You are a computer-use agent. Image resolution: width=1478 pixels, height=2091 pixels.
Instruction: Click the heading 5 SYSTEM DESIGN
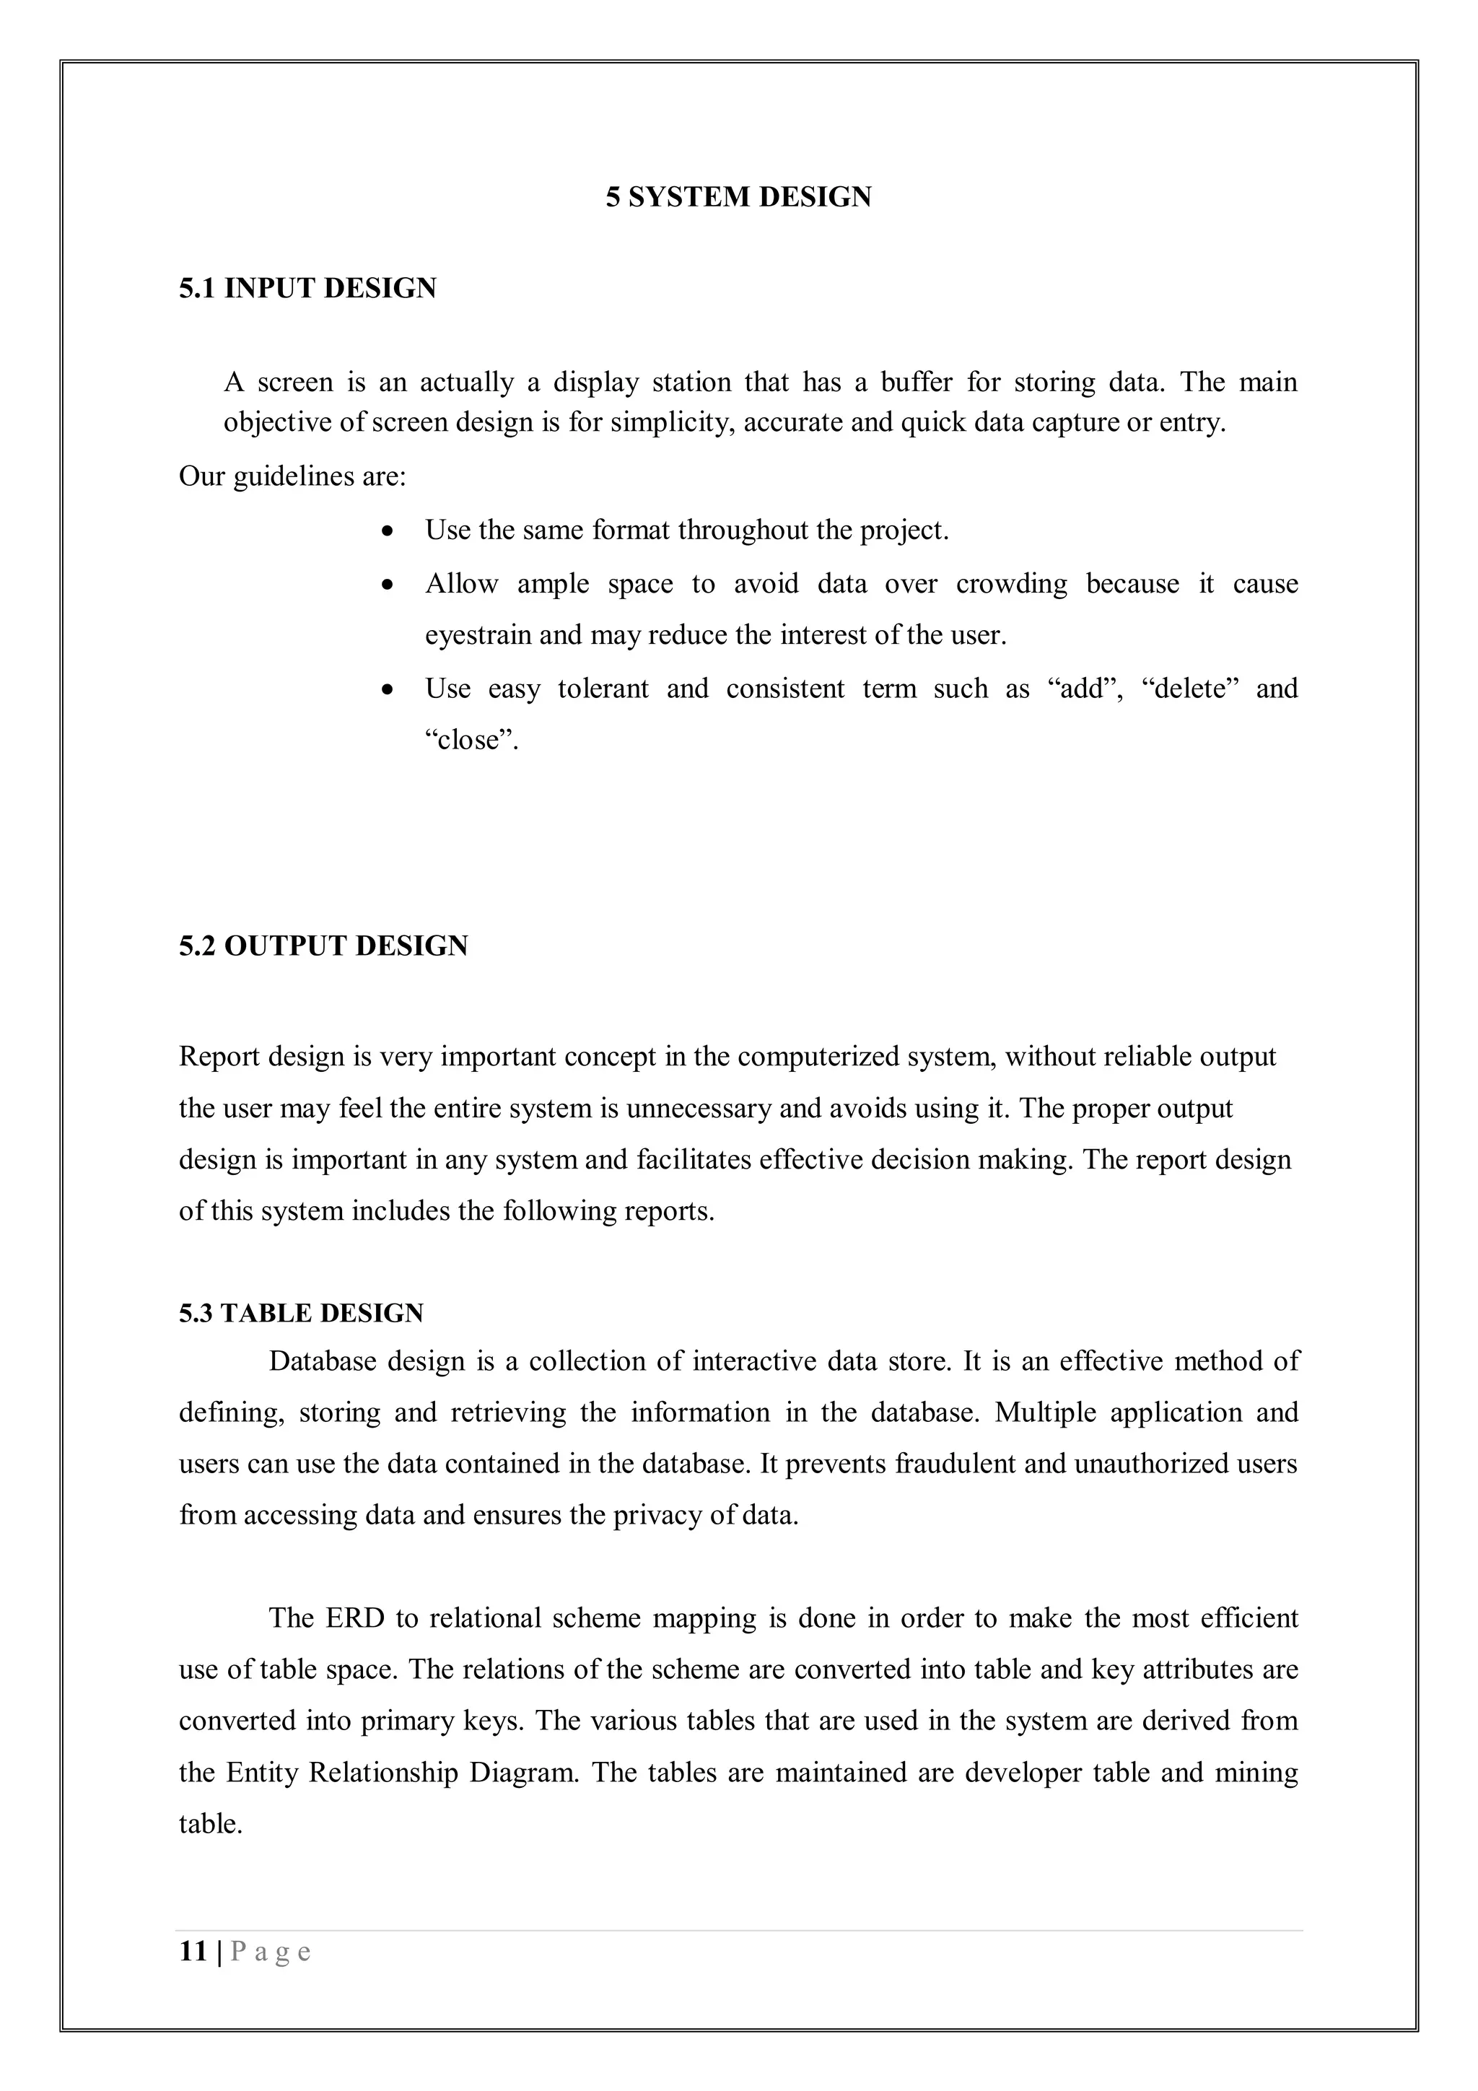(738, 197)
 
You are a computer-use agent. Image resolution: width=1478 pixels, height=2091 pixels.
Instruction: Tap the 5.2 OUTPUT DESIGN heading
(323, 946)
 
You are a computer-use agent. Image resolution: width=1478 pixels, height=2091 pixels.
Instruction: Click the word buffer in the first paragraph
(916, 382)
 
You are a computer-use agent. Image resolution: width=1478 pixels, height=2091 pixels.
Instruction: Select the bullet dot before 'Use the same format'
(389, 530)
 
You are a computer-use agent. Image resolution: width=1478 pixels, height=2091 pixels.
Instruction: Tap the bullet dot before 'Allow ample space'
(389, 584)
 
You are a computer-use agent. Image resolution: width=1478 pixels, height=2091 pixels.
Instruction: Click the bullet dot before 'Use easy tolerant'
(389, 689)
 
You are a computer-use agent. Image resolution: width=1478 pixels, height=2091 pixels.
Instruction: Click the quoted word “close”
(471, 740)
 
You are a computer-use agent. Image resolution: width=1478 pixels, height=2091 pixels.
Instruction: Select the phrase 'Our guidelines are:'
(292, 476)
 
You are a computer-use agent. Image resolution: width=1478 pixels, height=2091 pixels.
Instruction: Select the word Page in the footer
(271, 1952)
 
